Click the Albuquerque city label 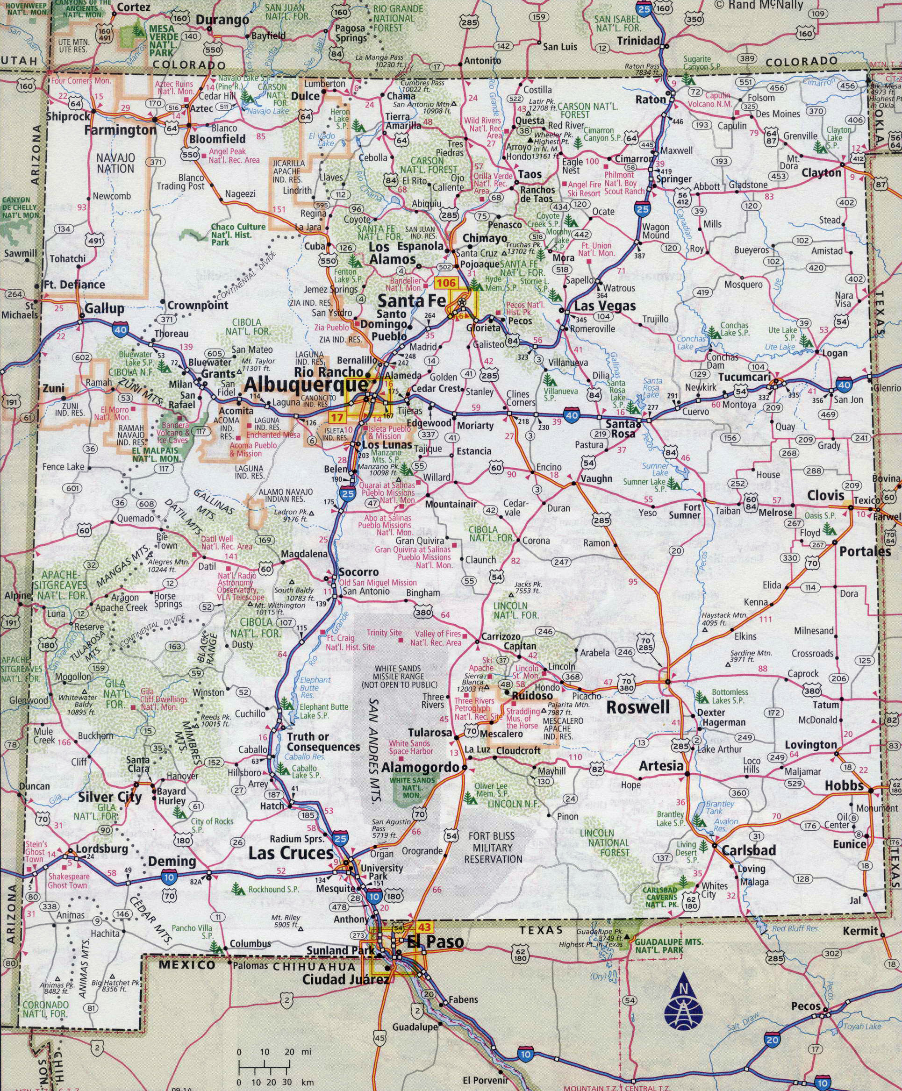pos(306,385)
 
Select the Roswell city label pos(638,707)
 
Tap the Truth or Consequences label pos(322,742)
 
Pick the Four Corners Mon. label pos(80,80)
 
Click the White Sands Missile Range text pos(399,677)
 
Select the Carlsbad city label pos(748,850)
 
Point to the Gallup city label pos(104,308)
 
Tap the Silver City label pos(110,798)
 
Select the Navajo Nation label pos(115,163)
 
